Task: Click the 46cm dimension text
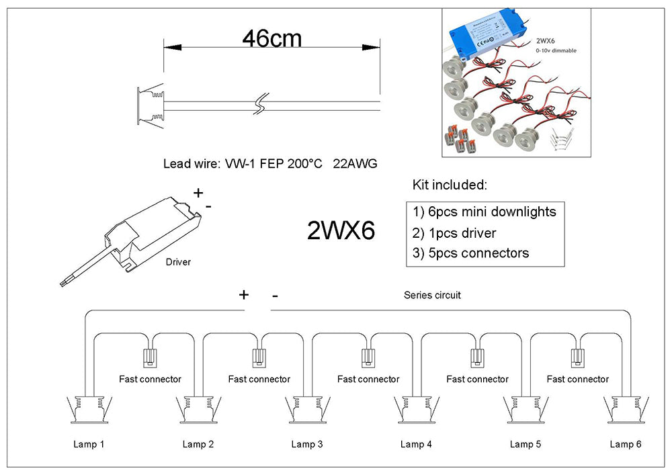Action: click(271, 38)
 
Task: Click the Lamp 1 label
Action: click(89, 444)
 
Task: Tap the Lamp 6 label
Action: click(626, 444)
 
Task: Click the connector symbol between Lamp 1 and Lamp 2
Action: click(150, 357)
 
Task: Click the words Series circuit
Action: click(432, 296)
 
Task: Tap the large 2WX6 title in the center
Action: click(341, 231)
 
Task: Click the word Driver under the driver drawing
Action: click(178, 262)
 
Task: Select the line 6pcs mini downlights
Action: click(485, 212)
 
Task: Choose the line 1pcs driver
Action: click(455, 233)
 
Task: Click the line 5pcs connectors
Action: click(471, 253)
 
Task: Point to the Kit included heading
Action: click(449, 185)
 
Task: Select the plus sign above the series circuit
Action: click(244, 294)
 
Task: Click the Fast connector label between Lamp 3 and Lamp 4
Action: click(368, 380)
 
